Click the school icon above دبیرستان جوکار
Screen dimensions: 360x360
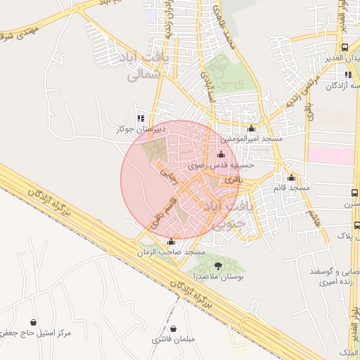(141, 118)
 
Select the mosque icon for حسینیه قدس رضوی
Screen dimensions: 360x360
(221, 155)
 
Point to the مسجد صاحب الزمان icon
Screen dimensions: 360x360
(172, 241)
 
